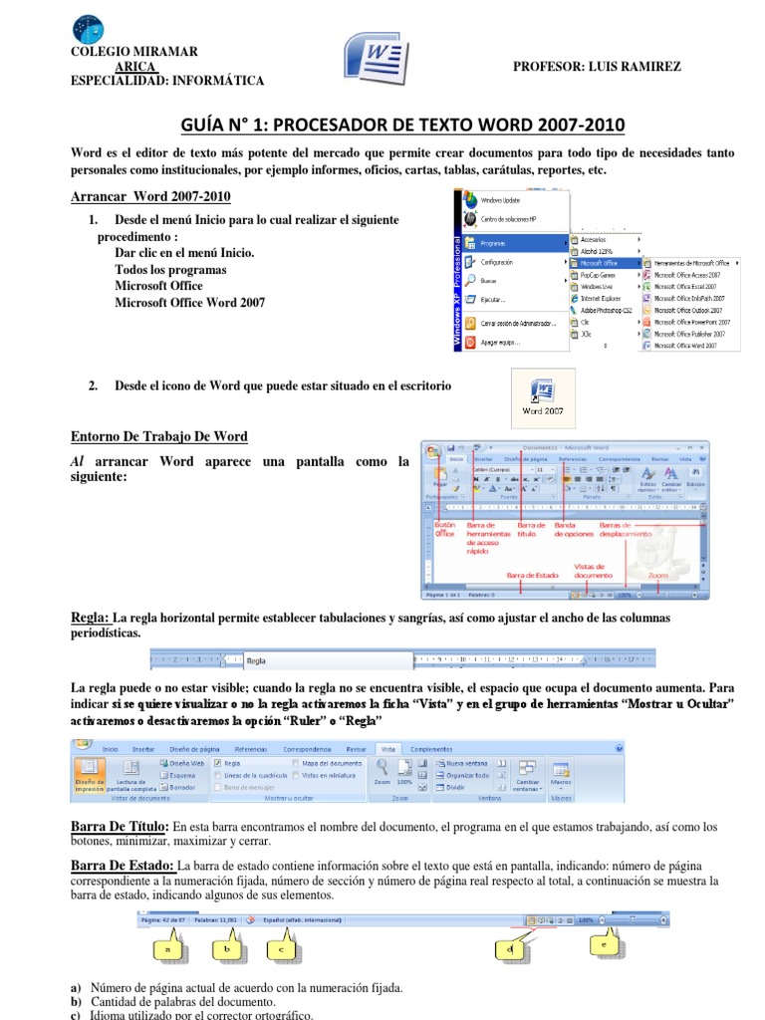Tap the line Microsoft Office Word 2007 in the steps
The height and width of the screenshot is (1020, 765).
pyautogui.click(x=189, y=302)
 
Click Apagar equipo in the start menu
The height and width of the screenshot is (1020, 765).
pyautogui.click(x=504, y=342)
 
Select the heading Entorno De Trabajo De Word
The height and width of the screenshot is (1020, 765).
pyautogui.click(x=159, y=437)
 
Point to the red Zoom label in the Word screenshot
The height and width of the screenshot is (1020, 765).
pyautogui.click(x=657, y=575)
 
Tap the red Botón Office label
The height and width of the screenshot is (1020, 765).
pyautogui.click(x=444, y=529)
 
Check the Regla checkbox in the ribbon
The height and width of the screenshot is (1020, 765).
pyautogui.click(x=218, y=762)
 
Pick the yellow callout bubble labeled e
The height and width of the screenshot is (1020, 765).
pyautogui.click(x=603, y=942)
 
